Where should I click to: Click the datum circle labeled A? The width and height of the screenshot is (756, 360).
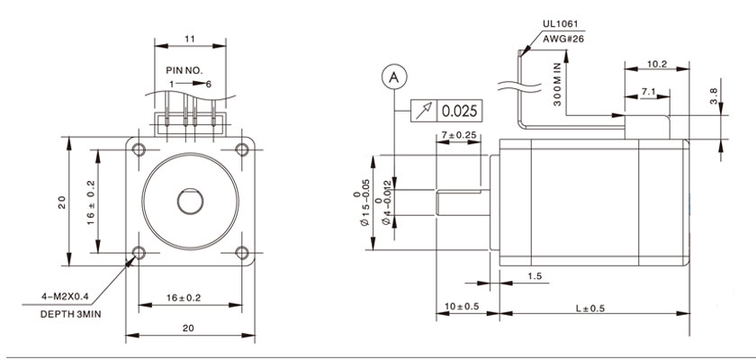click(x=393, y=76)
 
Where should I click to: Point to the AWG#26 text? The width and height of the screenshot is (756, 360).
click(x=563, y=40)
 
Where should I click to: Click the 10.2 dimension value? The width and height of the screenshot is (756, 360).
click(x=657, y=64)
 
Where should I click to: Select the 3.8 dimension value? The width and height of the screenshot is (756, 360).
click(x=714, y=93)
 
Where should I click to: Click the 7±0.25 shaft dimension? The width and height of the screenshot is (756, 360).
click(x=459, y=135)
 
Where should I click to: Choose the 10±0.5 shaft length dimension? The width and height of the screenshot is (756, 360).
click(x=461, y=309)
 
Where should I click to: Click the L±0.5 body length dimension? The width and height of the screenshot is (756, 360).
click(x=589, y=309)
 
